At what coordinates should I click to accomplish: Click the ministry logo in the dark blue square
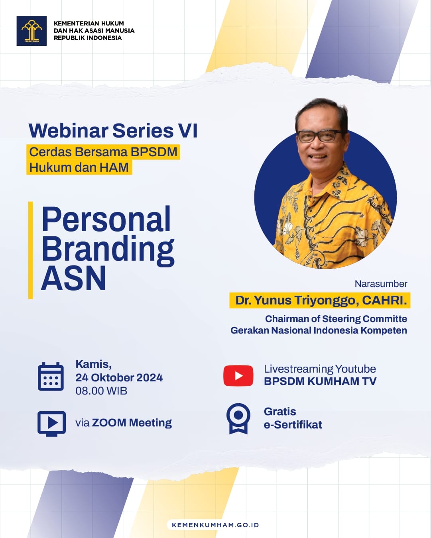click(31, 31)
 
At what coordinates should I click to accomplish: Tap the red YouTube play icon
click(238, 375)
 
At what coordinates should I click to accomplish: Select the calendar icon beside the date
click(51, 376)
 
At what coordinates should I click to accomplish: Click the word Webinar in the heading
click(69, 130)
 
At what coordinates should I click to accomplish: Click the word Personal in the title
click(106, 219)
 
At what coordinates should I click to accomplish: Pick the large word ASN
click(73, 278)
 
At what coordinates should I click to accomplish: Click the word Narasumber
click(381, 284)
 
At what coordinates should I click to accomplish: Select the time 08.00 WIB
click(101, 391)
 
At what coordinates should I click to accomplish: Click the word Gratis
click(280, 412)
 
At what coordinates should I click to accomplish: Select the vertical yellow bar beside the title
click(31, 250)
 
